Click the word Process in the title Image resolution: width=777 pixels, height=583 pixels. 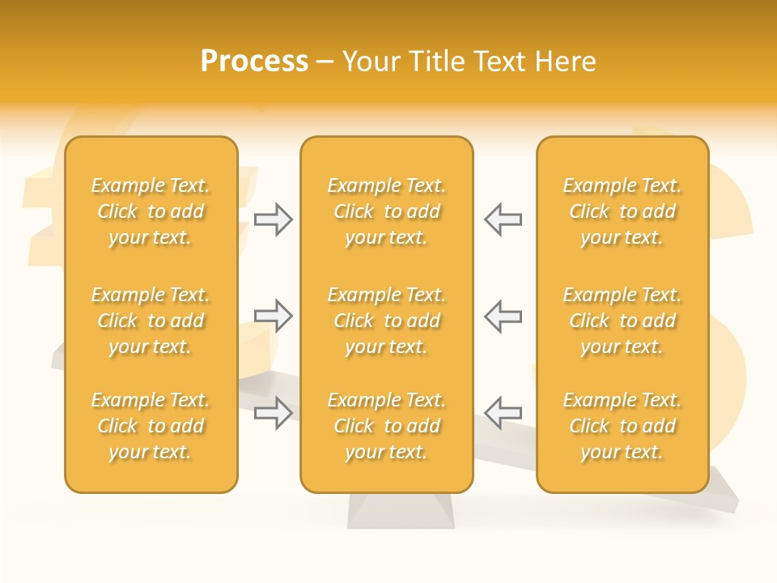pos(254,62)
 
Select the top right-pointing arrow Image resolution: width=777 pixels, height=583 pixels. pos(273,219)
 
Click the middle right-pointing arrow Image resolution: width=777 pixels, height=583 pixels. pos(273,316)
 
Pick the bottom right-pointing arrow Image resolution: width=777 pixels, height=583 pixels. pos(273,412)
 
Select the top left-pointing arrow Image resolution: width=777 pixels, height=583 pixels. pos(503,219)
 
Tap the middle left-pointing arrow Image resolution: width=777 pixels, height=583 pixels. pos(503,316)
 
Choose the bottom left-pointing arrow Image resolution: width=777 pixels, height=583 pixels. pos(503,412)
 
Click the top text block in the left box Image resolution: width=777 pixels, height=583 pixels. pos(151,211)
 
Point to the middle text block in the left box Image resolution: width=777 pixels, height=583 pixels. pos(151,321)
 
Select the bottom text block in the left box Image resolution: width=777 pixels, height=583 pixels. pos(151,426)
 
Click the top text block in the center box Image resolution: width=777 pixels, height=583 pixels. pos(386,211)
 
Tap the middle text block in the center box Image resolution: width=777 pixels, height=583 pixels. pos(386,321)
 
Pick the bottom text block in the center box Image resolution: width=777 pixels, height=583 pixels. pos(386,426)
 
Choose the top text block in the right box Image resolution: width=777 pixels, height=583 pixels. pos(622,211)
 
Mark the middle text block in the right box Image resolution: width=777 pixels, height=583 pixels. pos(622,321)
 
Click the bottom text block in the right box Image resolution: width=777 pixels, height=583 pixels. pos(622,426)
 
